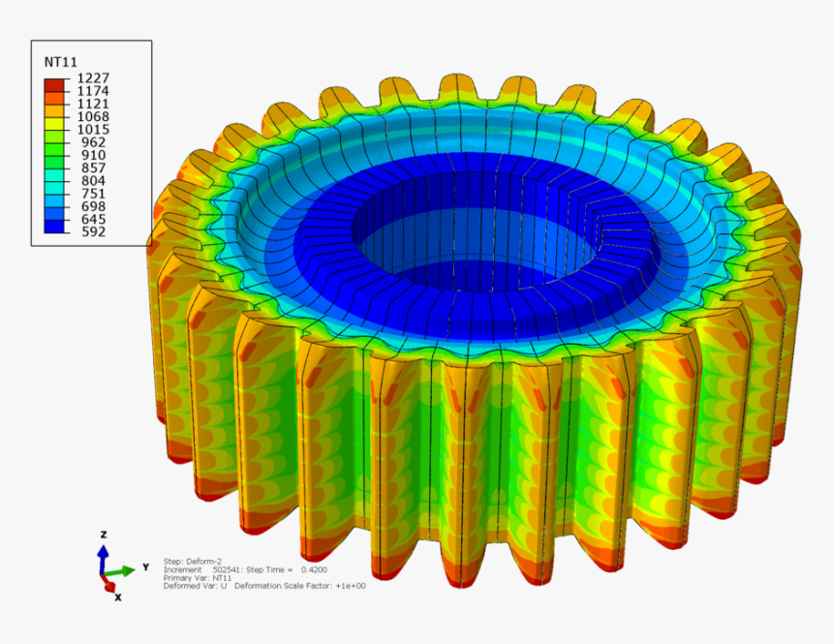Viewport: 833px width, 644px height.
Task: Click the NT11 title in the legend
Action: coord(61,62)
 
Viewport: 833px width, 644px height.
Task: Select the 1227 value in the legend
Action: coord(93,78)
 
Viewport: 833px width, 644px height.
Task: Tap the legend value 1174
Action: coord(93,91)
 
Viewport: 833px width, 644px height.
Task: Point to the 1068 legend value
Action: coord(93,116)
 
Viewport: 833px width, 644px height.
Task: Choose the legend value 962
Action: coord(94,142)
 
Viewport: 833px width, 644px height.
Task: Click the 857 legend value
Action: coord(94,168)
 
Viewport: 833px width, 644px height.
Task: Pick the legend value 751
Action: coord(94,194)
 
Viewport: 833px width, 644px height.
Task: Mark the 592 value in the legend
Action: coord(94,231)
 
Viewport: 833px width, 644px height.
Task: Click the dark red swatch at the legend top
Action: coord(54,85)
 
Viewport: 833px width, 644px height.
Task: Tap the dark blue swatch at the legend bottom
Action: coord(54,227)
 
